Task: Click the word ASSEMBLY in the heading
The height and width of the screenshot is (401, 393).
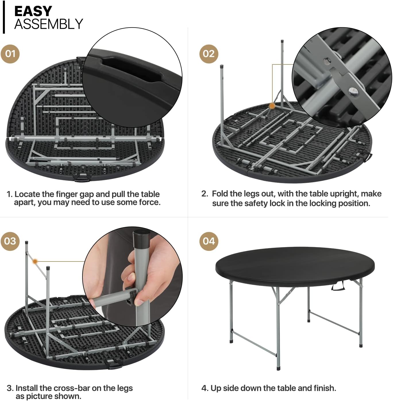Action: [x=49, y=24]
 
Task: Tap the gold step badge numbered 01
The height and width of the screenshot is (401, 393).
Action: [x=10, y=54]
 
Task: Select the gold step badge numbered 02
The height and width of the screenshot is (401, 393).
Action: [x=209, y=54]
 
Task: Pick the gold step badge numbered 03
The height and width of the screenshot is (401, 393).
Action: [x=10, y=241]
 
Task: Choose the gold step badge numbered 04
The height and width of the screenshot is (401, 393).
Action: [x=209, y=241]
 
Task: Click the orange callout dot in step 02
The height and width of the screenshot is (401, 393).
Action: [x=272, y=106]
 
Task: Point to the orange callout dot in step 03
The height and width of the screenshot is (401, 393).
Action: [x=35, y=261]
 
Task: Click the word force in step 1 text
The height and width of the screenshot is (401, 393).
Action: [x=149, y=202]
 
